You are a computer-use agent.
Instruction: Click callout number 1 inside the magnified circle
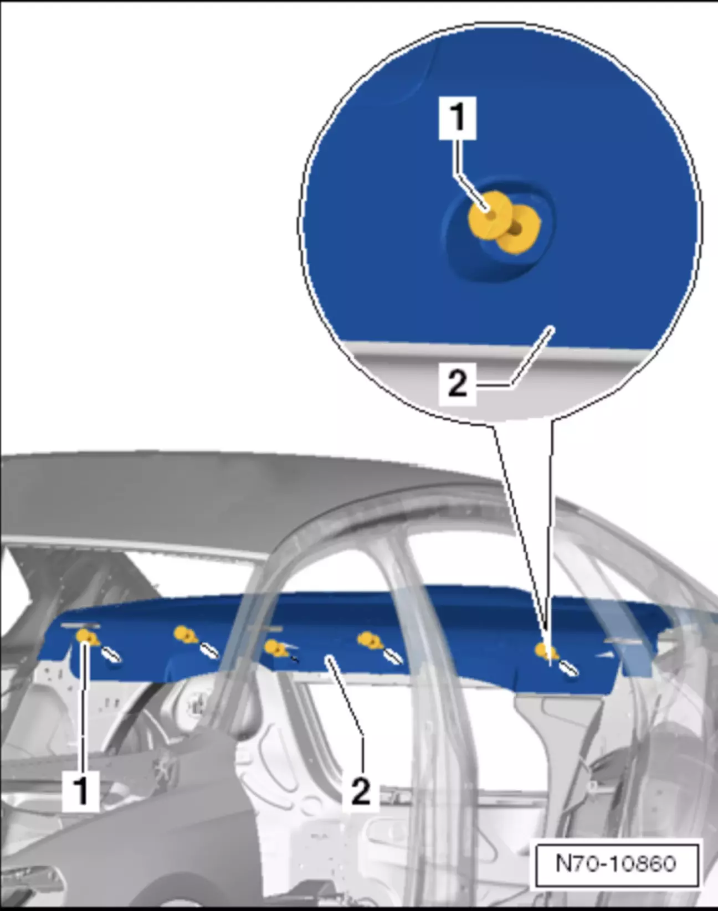click(x=458, y=117)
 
